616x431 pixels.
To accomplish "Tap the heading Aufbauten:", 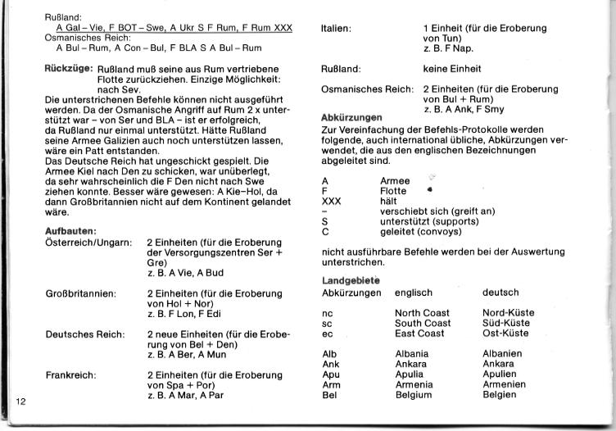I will point(71,231).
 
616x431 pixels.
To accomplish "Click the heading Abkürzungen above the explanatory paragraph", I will point(351,117).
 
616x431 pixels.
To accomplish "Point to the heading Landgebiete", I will point(350,281).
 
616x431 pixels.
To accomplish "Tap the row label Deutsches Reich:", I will point(84,334).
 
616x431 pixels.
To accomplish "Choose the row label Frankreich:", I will point(72,374).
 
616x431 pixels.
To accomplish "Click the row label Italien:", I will point(337,29).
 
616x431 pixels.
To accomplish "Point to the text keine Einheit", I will point(452,69).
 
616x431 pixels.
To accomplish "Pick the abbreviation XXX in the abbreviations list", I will point(332,200).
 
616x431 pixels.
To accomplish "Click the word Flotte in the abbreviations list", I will point(396,189).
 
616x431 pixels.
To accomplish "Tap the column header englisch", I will point(414,293).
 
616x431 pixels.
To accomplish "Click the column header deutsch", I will point(500,293).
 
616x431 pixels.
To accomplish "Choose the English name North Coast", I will point(422,313).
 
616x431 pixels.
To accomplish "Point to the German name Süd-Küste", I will point(506,323).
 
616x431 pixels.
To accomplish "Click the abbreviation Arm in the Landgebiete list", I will point(331,384).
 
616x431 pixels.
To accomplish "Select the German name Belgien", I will point(500,395).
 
